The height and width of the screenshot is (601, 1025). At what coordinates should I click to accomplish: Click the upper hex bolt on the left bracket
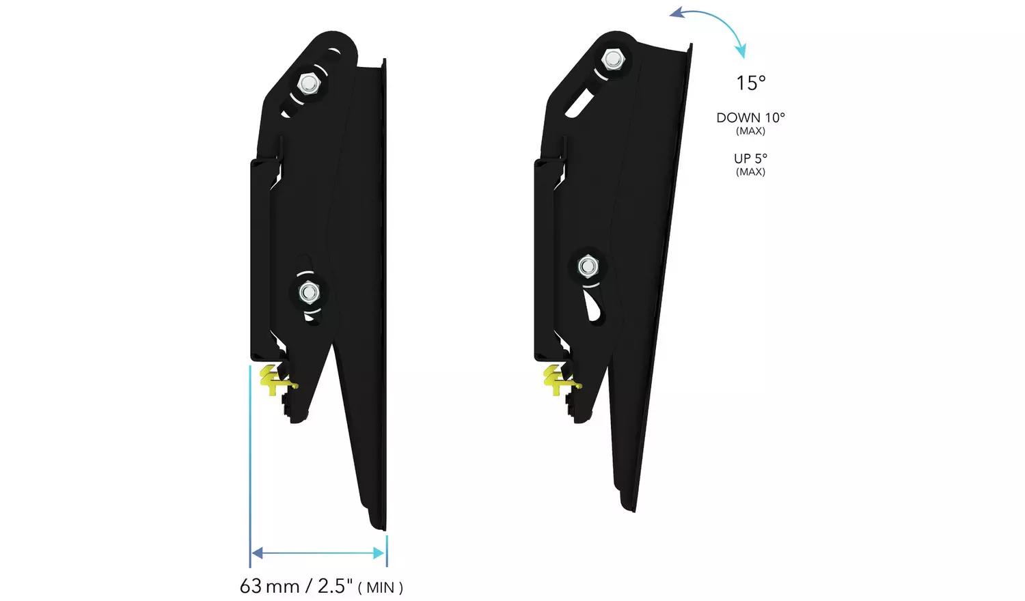tap(309, 84)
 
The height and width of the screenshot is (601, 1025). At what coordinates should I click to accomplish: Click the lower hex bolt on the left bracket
tap(309, 292)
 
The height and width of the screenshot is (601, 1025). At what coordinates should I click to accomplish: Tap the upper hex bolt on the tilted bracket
tap(613, 59)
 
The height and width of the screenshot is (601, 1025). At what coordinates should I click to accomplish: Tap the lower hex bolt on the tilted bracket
tap(588, 266)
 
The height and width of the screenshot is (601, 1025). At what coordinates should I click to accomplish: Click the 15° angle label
tap(750, 83)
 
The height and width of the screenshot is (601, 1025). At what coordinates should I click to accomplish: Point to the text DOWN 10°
tap(750, 117)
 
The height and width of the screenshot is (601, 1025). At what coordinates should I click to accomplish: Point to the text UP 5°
tap(750, 158)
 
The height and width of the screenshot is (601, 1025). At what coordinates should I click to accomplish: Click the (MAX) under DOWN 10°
tap(750, 131)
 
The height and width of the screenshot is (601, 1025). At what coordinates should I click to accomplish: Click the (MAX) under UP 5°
tap(750, 172)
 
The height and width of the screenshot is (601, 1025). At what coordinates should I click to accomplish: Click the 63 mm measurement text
tap(269, 586)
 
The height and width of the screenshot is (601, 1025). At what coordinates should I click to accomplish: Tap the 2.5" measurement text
tap(335, 586)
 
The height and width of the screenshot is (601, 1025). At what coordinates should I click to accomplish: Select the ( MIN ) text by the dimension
tap(381, 587)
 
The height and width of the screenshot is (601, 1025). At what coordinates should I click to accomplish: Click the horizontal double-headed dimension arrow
tap(318, 553)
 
